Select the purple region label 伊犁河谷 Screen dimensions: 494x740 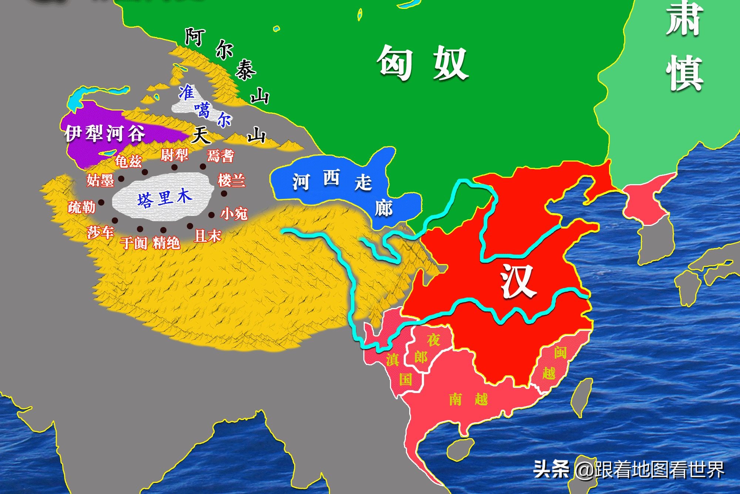pyautogui.click(x=105, y=133)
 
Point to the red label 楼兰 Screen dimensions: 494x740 pyautogui.click(x=231, y=180)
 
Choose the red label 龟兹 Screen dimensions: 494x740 pyautogui.click(x=128, y=161)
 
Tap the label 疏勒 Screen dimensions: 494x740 pyautogui.click(x=81, y=207)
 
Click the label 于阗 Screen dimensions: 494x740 pyautogui.click(x=134, y=243)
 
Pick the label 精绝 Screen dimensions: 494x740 pyautogui.click(x=166, y=243)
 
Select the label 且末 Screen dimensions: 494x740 pyautogui.click(x=208, y=236)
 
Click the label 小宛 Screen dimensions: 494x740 pyautogui.click(x=234, y=213)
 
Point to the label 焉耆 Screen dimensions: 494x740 pyautogui.click(x=221, y=156)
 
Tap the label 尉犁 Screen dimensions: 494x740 pyautogui.click(x=174, y=155)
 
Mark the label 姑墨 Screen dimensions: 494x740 pyautogui.click(x=100, y=180)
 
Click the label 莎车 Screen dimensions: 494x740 pyautogui.click(x=100, y=233)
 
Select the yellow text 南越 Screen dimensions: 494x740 pyautogui.click(x=468, y=399)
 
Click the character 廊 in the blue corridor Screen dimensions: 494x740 pyautogui.click(x=384, y=209)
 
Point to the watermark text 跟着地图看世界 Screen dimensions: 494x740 pyautogui.click(x=659, y=470)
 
